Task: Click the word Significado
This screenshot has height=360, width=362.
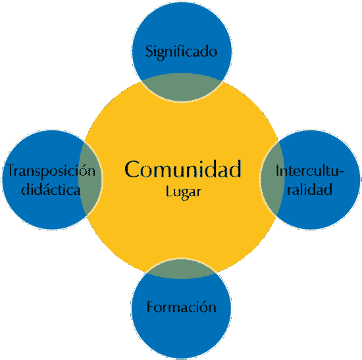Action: [x=181, y=52]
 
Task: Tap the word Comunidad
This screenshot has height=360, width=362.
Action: [x=183, y=169]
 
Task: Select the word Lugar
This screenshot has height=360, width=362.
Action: [x=184, y=192]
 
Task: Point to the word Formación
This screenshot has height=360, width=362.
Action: [x=182, y=307]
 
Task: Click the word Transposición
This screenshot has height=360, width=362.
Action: [x=51, y=171]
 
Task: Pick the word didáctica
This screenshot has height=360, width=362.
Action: [x=51, y=190]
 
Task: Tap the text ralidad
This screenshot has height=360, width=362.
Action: [x=309, y=189]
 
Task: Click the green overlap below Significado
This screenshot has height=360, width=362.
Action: [x=182, y=88]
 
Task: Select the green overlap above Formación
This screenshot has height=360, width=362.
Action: [x=181, y=269]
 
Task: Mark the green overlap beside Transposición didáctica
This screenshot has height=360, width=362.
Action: [x=91, y=179]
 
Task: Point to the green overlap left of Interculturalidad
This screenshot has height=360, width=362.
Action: [x=272, y=179]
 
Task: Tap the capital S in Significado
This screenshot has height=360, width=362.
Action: [x=149, y=51]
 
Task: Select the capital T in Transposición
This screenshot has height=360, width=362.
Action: [x=12, y=170]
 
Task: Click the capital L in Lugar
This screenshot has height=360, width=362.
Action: [x=168, y=192]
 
